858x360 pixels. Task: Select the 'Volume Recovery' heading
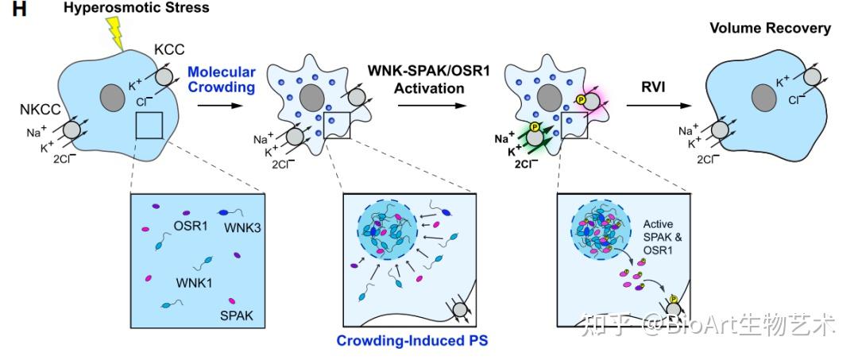click(770, 29)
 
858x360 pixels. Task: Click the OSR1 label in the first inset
click(191, 226)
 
